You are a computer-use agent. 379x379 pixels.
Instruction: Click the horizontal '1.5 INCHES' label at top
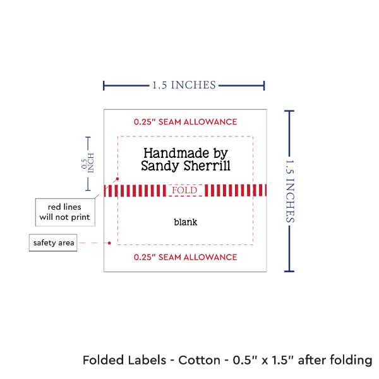[184, 84]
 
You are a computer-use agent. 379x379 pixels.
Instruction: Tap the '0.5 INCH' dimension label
[88, 163]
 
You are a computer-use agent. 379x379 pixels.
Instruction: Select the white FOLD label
[185, 190]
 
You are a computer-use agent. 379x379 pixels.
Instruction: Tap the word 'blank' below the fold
[186, 222]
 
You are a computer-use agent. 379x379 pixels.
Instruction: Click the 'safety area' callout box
[54, 243]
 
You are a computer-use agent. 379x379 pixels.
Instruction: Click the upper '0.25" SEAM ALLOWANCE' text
[185, 121]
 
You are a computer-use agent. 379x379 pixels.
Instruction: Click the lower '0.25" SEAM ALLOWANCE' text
[185, 257]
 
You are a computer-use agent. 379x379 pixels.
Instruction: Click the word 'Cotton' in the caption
[200, 361]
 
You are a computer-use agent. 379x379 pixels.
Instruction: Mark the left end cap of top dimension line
[104, 85]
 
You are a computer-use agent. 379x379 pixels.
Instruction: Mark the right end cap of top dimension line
[263, 85]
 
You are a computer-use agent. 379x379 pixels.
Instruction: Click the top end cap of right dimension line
[290, 111]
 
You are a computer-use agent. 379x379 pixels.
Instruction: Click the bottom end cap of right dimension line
[290, 271]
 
